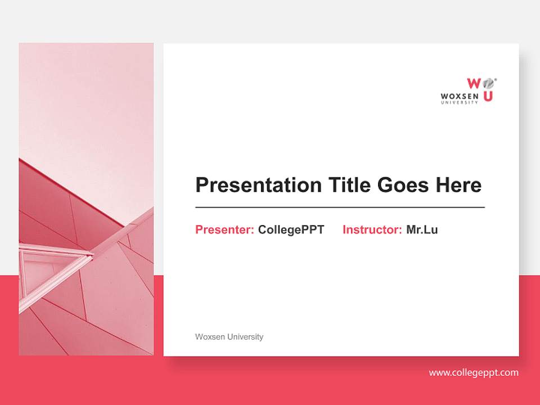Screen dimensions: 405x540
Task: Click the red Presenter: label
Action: point(224,229)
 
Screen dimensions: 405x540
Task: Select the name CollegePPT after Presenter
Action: point(291,229)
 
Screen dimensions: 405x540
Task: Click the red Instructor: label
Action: point(372,229)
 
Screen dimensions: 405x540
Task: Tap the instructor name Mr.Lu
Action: point(422,229)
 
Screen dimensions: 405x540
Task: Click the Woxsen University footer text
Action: point(229,337)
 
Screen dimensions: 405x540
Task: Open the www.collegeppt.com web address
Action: point(474,372)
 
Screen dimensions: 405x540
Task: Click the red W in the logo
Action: point(474,83)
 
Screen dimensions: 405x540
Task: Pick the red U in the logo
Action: point(488,96)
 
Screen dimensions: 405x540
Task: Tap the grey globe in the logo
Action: point(488,83)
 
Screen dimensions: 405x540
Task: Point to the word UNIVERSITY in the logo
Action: point(460,102)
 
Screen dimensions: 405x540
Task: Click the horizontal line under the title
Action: point(340,208)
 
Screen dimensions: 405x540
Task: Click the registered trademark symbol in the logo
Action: point(495,80)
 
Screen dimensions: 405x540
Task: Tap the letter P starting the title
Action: point(201,185)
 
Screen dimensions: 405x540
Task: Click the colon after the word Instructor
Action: point(400,230)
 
